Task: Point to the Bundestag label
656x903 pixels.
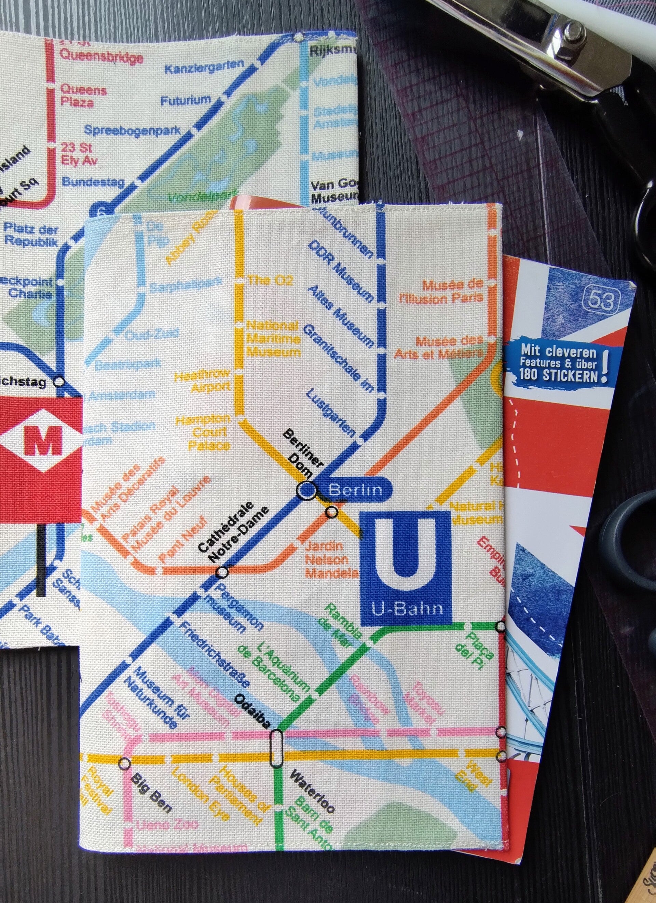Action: (x=93, y=182)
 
